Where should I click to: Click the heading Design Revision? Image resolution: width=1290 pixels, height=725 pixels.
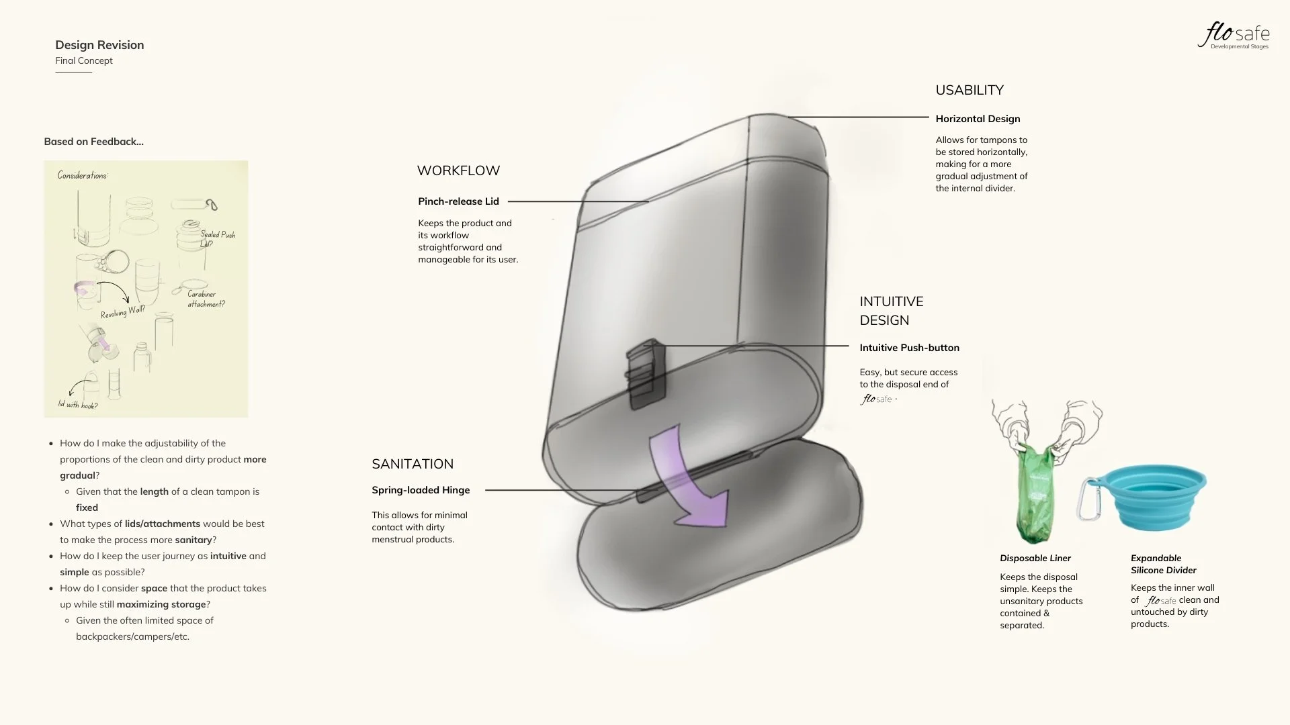[x=99, y=45]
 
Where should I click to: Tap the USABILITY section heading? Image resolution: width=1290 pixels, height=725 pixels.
[x=969, y=90]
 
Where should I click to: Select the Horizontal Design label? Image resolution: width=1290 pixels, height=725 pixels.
[x=978, y=119]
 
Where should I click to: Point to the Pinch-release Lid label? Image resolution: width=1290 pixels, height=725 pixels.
[x=458, y=201]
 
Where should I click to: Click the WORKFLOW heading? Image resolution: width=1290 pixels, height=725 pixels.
[x=458, y=171]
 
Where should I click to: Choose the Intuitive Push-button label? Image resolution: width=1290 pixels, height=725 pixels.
[x=909, y=348]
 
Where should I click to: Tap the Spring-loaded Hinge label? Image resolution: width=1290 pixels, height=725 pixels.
[x=421, y=490]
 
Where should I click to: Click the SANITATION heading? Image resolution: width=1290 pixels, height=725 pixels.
[x=413, y=464]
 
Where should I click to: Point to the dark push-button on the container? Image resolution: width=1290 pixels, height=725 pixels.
[x=646, y=373]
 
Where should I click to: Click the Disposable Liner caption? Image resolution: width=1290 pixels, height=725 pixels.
[x=1035, y=559]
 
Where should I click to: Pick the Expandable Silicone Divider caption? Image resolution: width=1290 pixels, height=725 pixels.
[x=1163, y=564]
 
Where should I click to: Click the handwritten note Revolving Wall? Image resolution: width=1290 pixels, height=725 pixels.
[x=123, y=312]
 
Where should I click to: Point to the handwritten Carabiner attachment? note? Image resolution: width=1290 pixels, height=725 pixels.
[x=206, y=299]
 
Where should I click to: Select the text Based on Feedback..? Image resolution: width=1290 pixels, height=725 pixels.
[x=93, y=142]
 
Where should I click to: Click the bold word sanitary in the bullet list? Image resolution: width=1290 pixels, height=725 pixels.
[x=193, y=540]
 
